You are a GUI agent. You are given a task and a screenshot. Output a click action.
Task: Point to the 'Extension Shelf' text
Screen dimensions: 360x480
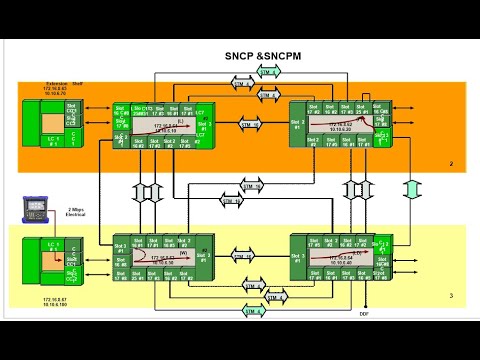[x=63, y=85]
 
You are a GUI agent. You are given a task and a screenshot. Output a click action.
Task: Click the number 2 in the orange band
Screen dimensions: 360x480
[x=451, y=165]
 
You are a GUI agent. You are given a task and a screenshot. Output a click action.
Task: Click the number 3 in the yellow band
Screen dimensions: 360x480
[x=451, y=296]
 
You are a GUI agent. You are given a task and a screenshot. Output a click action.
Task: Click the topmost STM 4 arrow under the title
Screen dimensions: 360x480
[x=268, y=72]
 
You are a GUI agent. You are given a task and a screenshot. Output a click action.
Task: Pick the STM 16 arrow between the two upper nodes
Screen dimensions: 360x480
[x=250, y=124]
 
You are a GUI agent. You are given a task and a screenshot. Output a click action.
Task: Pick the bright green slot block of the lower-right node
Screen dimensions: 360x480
[x=381, y=246]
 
